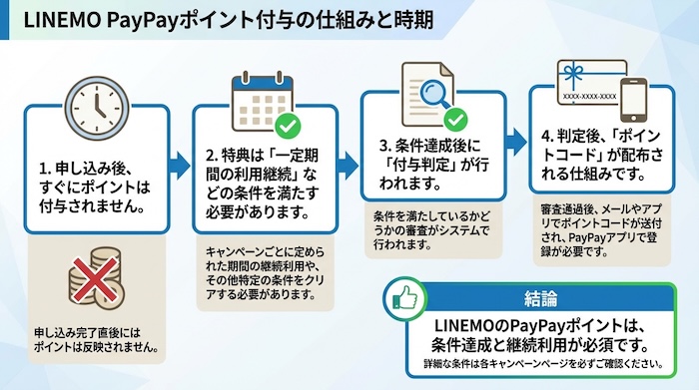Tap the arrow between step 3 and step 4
(x=516, y=140)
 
